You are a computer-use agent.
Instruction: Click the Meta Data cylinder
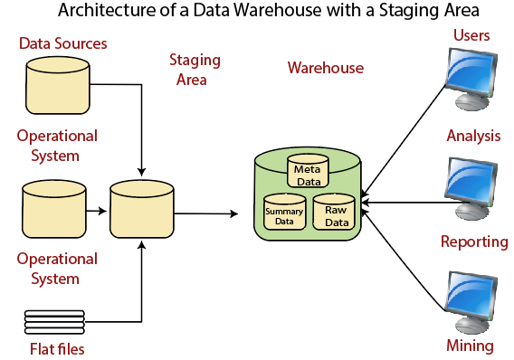coord(308,171)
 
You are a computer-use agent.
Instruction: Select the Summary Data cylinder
coord(284,212)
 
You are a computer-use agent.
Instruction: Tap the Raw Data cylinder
coord(334,212)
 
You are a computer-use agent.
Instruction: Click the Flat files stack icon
coord(54,322)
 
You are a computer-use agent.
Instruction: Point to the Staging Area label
coord(195,70)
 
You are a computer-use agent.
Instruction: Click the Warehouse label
coord(326,68)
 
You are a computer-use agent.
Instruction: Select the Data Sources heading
coord(63,43)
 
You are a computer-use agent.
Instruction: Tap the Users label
coord(471,35)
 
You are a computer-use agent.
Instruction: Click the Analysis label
coord(473,136)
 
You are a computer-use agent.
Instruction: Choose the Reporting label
coord(474,242)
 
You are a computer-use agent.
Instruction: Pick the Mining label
coord(470,346)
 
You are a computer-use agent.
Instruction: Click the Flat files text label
coord(57,349)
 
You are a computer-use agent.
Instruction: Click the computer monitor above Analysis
coord(471,80)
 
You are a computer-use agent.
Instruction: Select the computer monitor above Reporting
coord(471,189)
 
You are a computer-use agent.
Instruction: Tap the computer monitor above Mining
coord(471,302)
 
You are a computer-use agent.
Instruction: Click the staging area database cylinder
coord(141,209)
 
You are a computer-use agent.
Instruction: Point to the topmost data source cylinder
coord(58,86)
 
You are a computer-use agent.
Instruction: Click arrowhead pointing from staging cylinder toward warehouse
coord(234,213)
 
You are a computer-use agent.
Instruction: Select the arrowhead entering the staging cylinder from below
coord(141,245)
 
